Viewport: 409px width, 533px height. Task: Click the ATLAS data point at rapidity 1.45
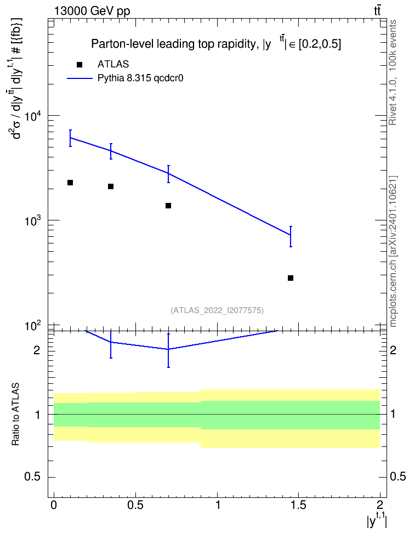tap(291, 278)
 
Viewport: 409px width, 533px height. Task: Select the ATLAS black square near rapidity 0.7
tap(168, 206)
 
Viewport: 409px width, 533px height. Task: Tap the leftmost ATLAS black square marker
tap(70, 183)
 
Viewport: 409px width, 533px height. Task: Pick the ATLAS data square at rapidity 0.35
tap(111, 186)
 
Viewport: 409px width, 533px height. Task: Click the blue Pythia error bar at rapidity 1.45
tap(291, 236)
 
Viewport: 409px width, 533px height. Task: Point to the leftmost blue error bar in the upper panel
tap(70, 138)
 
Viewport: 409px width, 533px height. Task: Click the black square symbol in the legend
tap(79, 65)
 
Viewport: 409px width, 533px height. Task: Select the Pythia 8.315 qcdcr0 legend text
tap(140, 78)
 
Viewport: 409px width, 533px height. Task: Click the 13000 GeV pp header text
tap(92, 11)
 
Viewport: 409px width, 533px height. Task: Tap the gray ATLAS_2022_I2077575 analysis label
tap(217, 310)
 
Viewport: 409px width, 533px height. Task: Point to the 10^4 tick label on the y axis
tap(32, 117)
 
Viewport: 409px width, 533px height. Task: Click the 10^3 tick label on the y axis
tap(32, 222)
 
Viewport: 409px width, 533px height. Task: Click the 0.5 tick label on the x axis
tap(135, 505)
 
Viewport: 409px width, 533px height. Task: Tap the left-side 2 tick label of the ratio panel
tap(37, 350)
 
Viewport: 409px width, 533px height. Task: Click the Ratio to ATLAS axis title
tap(15, 415)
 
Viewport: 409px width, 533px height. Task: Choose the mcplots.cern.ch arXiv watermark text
tap(393, 252)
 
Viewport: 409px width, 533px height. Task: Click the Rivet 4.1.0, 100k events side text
tap(393, 72)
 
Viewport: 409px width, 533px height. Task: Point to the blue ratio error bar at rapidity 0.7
tap(168, 350)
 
